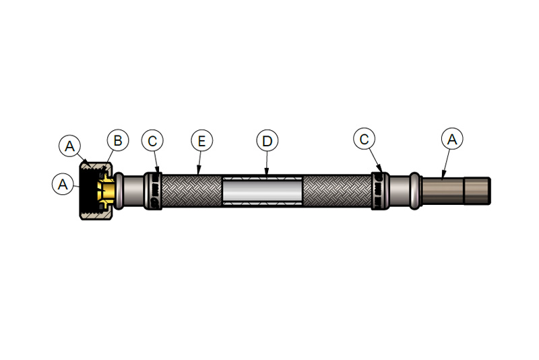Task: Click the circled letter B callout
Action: (x=118, y=140)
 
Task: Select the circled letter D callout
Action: (x=267, y=141)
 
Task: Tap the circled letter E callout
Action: (x=201, y=141)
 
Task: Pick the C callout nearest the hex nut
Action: (x=152, y=141)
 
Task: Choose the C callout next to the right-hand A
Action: (x=364, y=140)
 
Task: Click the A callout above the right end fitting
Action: (x=452, y=140)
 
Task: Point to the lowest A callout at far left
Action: (x=63, y=184)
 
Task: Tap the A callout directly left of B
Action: (x=70, y=146)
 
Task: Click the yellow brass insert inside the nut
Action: (x=106, y=191)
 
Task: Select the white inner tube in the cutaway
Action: (x=263, y=191)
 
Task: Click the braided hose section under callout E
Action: (x=191, y=191)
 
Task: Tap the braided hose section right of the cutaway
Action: (x=338, y=191)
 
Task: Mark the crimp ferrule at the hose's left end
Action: (x=153, y=191)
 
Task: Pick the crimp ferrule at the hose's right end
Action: (x=380, y=191)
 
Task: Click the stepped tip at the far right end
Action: (x=477, y=191)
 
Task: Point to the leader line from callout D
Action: (x=267, y=163)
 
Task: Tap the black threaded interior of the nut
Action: (x=89, y=191)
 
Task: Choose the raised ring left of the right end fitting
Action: (x=415, y=191)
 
